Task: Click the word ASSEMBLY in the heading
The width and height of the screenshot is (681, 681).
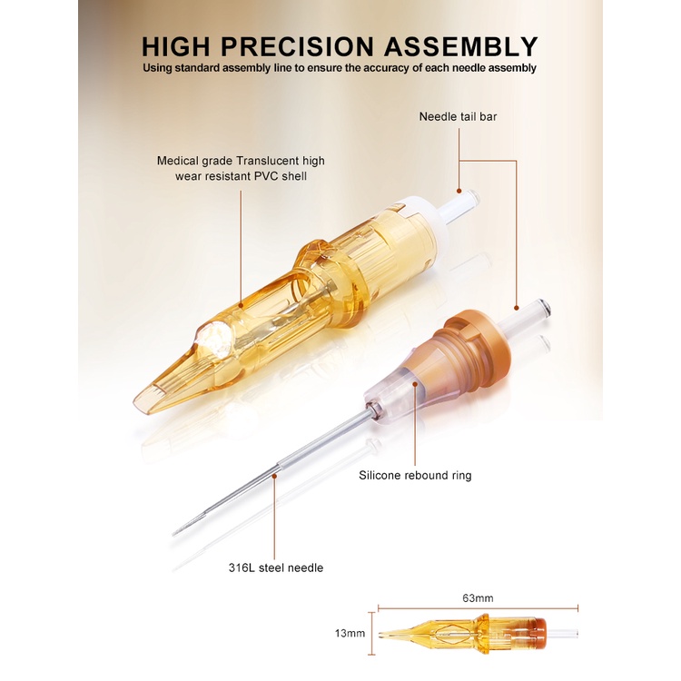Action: pos(460,46)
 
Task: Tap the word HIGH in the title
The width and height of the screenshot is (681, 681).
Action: pos(176,46)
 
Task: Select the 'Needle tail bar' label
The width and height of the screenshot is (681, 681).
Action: pos(458,116)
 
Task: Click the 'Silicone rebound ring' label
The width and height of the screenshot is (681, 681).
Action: pos(415,475)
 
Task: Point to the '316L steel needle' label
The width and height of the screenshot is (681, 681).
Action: pos(276,567)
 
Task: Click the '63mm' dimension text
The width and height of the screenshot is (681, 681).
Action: pos(478,598)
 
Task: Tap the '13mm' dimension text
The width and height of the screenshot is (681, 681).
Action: pos(350,633)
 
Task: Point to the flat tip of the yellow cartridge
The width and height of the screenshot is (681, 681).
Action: pos(143,400)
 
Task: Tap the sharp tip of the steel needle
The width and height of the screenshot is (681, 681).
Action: pos(173,534)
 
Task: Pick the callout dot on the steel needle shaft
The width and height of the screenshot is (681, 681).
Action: pos(274,476)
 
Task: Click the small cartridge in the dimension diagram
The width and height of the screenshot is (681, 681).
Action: pos(478,634)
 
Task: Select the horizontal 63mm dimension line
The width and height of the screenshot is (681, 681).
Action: pos(478,608)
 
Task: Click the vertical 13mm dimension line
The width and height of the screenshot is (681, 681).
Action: pos(371,634)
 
